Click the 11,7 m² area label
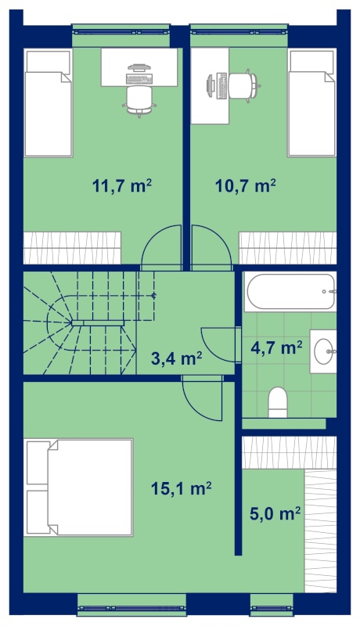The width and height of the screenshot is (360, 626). pos(122,185)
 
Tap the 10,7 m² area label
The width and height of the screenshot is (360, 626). pos(246,185)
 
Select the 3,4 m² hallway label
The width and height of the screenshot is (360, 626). pos(176,358)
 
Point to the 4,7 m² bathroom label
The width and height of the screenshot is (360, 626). pos(276,347)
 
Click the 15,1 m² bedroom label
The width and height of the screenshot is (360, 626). pos(181,487)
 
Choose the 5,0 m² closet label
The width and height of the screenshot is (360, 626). pos(275,513)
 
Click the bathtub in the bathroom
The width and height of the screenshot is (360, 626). pos(290,291)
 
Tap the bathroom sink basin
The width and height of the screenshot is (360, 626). pos(323,351)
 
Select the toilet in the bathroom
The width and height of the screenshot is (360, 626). pos(278,402)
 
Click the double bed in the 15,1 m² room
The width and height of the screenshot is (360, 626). pos(78,487)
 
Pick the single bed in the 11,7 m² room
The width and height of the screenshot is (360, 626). pos(48,103)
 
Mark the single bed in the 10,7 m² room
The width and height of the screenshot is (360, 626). pos(311,103)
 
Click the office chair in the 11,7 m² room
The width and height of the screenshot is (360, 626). pos(139,100)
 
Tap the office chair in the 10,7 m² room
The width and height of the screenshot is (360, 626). pos(243,86)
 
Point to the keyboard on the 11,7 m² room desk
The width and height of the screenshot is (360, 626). pos(139,79)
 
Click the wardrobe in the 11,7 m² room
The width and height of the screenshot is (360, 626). pos(72,247)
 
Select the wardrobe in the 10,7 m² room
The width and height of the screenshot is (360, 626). pos(287,247)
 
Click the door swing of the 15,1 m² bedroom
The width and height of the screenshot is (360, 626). pos(202,399)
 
